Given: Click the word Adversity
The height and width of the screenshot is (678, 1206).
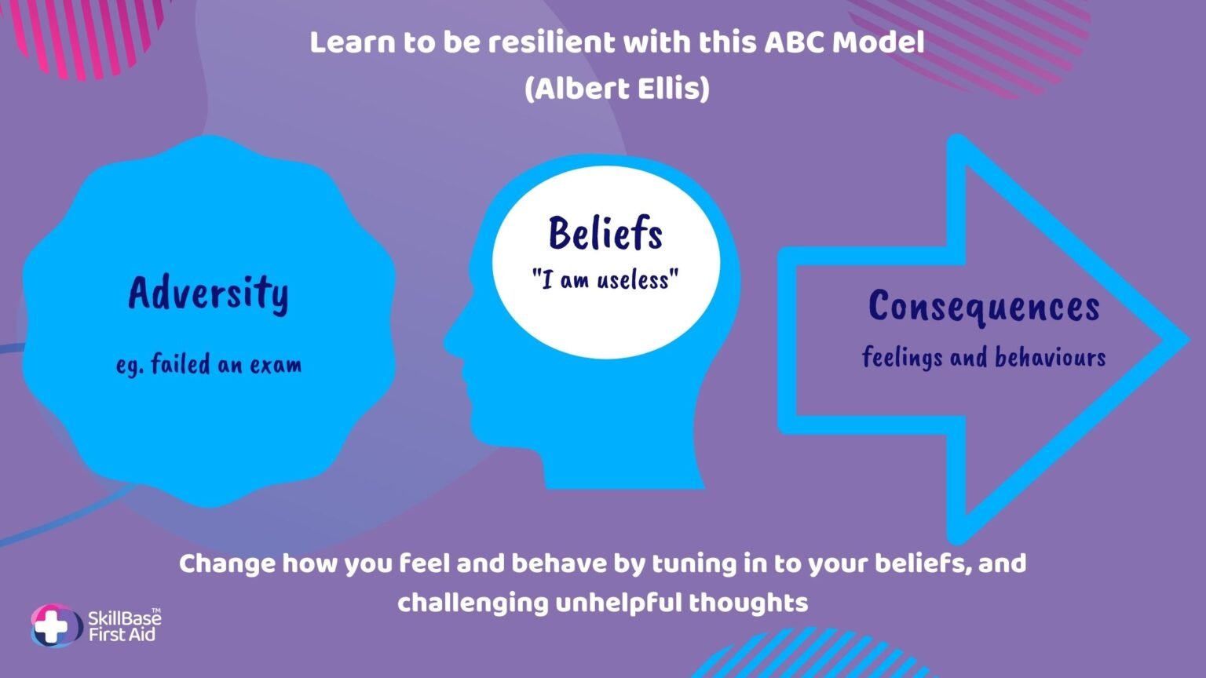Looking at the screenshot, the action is pyautogui.click(x=208, y=293).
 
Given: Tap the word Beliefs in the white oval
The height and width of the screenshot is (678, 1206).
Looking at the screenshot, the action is pyautogui.click(x=605, y=233).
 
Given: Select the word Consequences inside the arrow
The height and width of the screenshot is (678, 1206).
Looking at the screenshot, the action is pyautogui.click(x=984, y=307).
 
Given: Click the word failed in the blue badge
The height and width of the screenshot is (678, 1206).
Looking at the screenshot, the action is pyautogui.click(x=181, y=364).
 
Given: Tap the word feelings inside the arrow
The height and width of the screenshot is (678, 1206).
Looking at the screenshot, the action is pyautogui.click(x=902, y=357).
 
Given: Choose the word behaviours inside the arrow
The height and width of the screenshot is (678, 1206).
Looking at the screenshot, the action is pyautogui.click(x=1051, y=358).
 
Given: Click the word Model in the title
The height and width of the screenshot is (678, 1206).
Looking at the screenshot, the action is pyautogui.click(x=878, y=42).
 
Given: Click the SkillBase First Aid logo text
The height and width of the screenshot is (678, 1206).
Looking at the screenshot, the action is pyautogui.click(x=124, y=625).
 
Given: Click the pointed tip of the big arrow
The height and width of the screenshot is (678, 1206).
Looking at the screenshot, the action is pyautogui.click(x=1188, y=340).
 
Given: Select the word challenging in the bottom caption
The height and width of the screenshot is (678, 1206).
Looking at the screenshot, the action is pyautogui.click(x=473, y=603).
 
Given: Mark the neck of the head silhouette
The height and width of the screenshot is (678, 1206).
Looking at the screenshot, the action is pyautogui.click(x=622, y=468).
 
